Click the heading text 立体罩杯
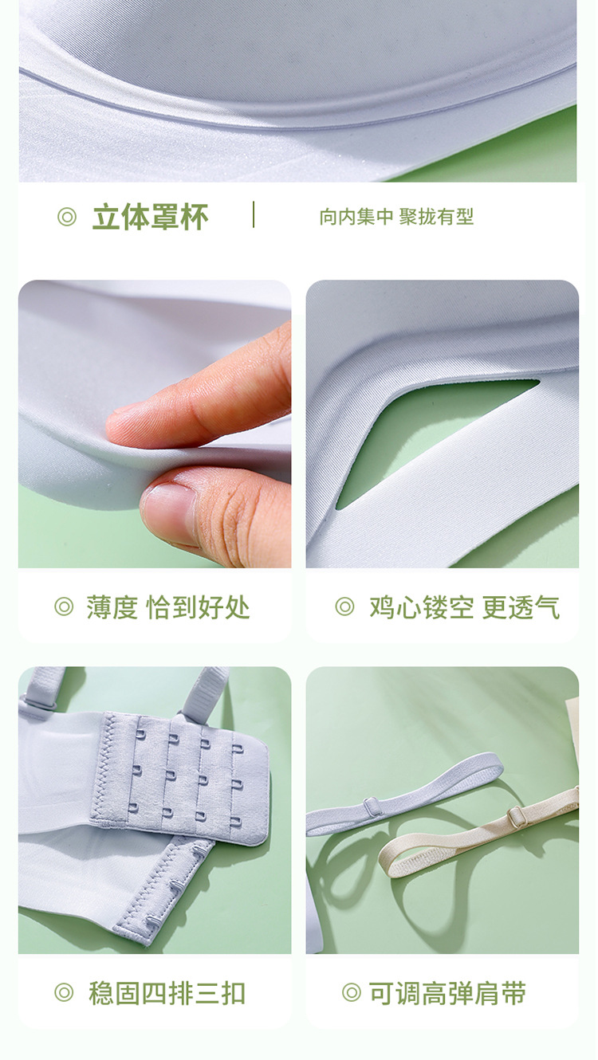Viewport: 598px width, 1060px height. point(150,217)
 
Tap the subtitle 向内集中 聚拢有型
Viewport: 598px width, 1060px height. point(396,217)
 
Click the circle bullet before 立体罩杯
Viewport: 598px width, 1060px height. point(67,217)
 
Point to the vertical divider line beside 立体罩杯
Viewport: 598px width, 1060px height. point(254,214)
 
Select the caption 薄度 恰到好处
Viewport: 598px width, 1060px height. point(167,607)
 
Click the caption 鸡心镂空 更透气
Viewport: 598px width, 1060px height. point(464,607)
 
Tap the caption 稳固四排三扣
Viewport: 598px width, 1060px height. point(167,993)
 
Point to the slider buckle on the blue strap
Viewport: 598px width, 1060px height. point(372,806)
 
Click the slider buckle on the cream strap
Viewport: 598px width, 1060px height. point(517,816)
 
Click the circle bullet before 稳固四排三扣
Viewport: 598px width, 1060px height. point(64,993)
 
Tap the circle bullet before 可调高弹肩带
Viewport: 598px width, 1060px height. point(351,993)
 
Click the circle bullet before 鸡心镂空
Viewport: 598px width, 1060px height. point(344,607)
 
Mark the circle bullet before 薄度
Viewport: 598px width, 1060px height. point(64,607)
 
